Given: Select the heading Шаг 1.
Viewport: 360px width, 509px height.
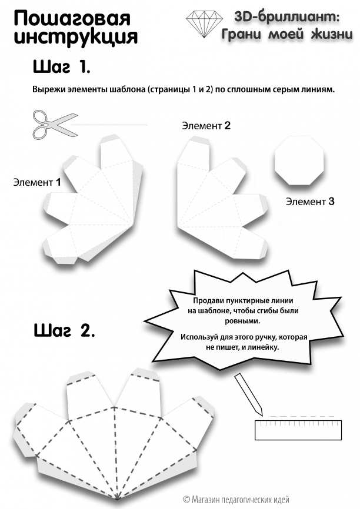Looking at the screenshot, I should click(61, 66).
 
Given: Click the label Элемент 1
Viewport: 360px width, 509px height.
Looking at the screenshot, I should click(37, 182).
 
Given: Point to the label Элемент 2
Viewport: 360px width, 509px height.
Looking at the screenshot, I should click(206, 126).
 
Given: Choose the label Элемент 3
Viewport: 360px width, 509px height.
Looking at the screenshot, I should click(310, 202).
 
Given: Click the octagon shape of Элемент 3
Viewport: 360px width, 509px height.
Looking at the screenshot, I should click(299, 160).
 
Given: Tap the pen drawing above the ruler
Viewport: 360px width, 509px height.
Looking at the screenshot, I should click(248, 394).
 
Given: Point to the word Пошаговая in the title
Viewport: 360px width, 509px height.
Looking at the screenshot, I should click(72, 19).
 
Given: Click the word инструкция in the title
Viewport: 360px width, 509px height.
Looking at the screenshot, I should click(76, 38).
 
